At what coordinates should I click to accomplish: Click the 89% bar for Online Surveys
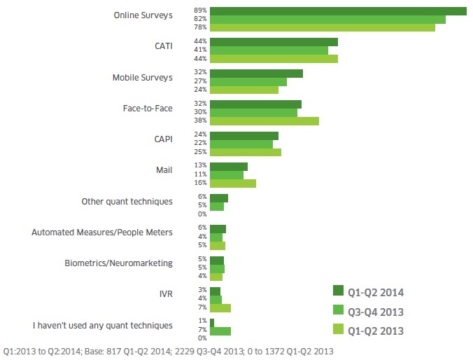click(x=338, y=11)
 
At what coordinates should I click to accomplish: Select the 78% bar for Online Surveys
click(x=323, y=27)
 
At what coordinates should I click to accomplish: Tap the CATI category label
click(x=164, y=46)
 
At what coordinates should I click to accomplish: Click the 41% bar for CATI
click(x=269, y=50)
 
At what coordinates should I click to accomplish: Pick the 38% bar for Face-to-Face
click(x=264, y=120)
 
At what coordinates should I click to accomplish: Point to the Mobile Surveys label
click(x=143, y=77)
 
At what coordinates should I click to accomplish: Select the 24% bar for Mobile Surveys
click(x=244, y=90)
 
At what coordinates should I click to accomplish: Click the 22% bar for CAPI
click(x=241, y=144)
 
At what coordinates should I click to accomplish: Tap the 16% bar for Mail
click(x=233, y=184)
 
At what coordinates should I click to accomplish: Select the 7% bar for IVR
click(x=220, y=307)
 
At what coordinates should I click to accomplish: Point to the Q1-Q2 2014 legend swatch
click(x=338, y=291)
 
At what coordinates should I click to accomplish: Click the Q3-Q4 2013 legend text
click(x=376, y=311)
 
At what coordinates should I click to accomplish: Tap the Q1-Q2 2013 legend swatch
click(x=338, y=330)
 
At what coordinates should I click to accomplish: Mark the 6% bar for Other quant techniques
click(x=219, y=198)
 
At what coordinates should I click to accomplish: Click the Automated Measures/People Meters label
click(x=102, y=232)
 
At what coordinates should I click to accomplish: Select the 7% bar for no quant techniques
click(x=220, y=331)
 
